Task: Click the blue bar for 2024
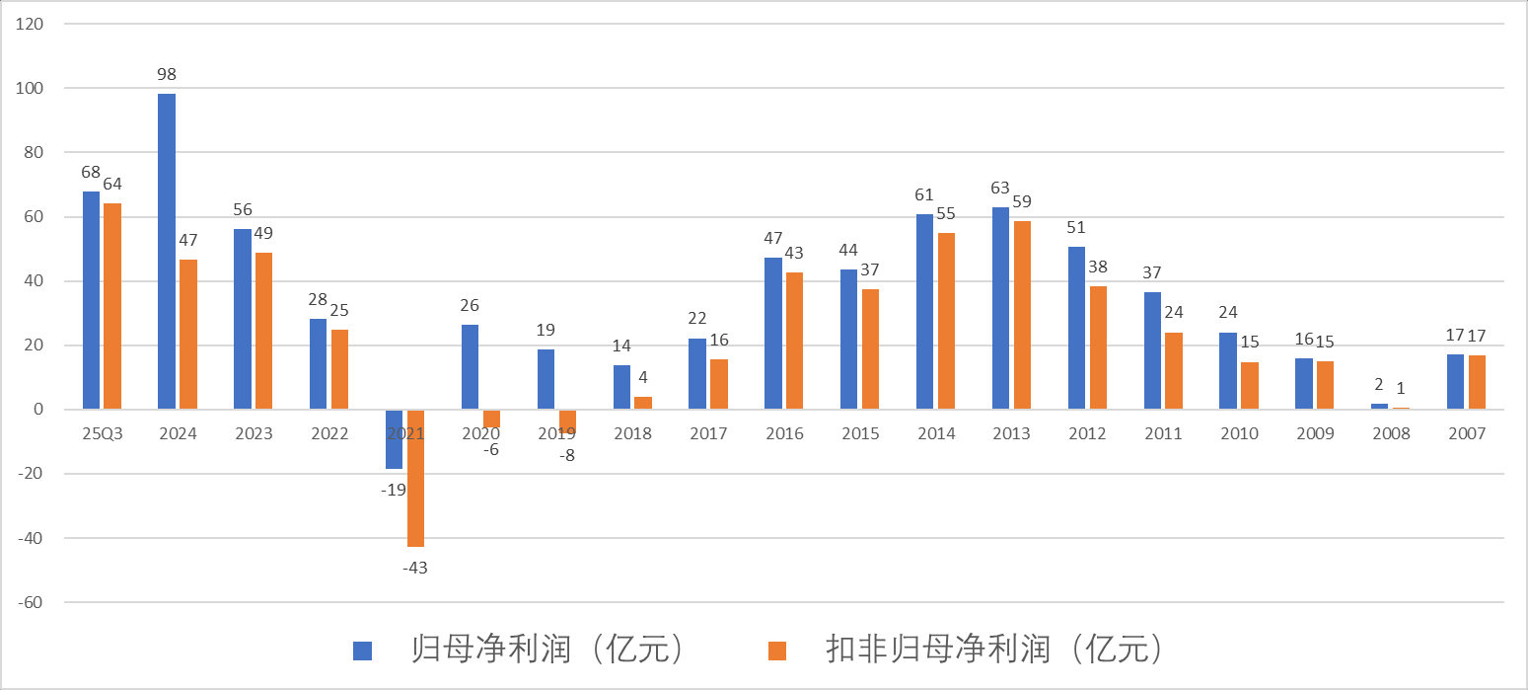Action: coord(167,252)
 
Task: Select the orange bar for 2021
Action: coord(415,478)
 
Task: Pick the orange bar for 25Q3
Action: coord(112,306)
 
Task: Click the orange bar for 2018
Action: coord(643,403)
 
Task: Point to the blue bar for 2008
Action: coord(1379,407)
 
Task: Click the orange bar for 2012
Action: coord(1098,347)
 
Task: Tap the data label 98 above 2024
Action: coord(166,74)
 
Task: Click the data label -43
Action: coord(415,568)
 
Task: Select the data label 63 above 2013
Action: coord(1000,189)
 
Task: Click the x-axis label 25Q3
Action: coord(102,433)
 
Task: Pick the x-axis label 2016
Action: coord(784,433)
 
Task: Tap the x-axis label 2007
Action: coord(1467,433)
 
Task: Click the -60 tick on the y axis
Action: coord(31,602)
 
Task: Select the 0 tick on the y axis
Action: coord(38,410)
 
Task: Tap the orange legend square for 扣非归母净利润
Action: coord(778,651)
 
